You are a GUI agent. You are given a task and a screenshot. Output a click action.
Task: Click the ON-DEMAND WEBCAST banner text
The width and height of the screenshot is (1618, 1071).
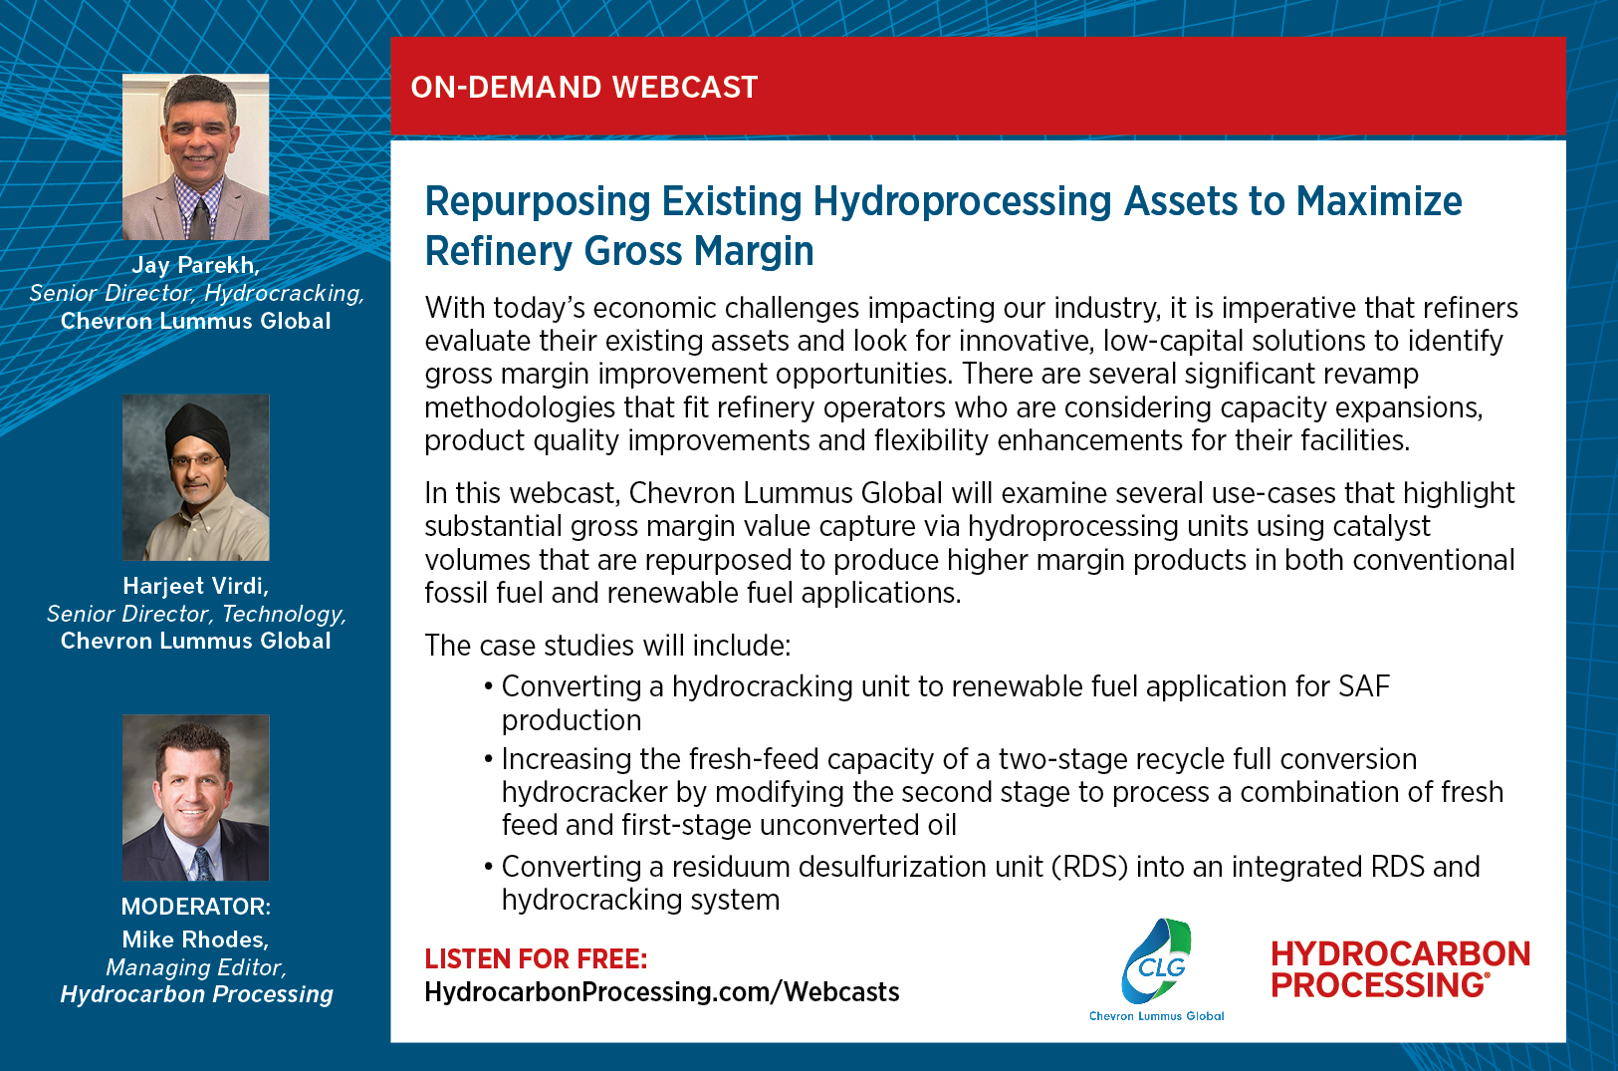point(583,88)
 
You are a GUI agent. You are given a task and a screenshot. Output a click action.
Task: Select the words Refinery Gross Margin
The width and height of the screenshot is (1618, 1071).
point(619,251)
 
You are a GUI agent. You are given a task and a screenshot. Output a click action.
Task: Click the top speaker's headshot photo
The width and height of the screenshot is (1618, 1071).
point(196,156)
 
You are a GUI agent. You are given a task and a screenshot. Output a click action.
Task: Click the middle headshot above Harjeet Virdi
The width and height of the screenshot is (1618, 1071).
point(196,477)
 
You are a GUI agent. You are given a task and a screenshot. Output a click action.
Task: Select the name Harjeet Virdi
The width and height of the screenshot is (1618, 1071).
point(196,586)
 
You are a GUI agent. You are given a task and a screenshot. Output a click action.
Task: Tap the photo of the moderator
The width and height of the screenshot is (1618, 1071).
point(196,798)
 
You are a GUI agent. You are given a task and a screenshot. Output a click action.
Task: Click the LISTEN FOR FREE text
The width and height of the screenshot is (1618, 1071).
point(536,959)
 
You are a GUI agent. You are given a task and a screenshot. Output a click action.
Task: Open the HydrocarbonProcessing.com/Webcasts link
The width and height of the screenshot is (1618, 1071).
point(662,992)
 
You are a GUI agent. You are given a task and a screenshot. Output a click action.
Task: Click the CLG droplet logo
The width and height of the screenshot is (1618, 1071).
point(1156,961)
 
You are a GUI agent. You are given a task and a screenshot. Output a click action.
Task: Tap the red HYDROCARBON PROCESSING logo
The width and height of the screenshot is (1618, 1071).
point(1401,969)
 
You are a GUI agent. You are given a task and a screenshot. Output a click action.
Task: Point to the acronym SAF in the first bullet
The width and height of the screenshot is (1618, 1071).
point(1364,686)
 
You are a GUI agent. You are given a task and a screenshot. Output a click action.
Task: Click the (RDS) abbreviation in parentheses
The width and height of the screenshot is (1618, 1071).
point(1089,867)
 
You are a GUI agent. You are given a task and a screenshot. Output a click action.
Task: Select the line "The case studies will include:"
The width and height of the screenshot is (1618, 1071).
point(607,646)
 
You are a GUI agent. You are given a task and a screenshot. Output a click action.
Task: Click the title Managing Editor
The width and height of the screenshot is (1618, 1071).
point(196,967)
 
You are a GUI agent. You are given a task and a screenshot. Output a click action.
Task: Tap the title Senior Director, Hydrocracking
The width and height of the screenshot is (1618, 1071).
point(196,294)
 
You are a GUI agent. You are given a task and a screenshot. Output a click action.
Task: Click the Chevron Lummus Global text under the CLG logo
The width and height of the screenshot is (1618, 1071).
point(1156,1016)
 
